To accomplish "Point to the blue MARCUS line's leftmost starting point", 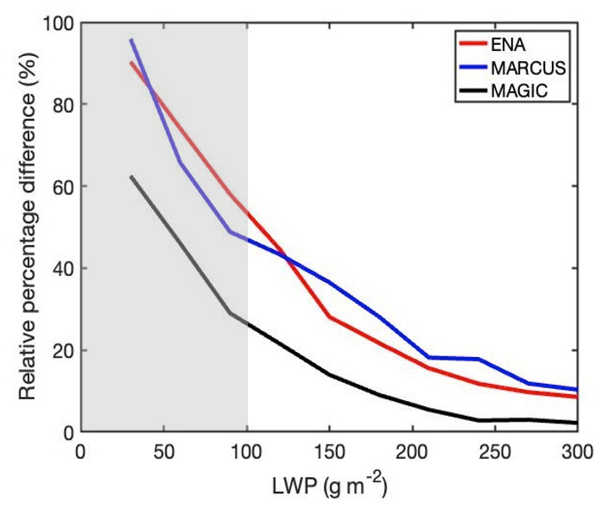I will [131, 40].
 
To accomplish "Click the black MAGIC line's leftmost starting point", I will [131, 177].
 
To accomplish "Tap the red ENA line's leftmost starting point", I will [131, 62].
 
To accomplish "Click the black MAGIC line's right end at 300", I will [576, 423].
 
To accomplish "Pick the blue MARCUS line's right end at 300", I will [576, 389].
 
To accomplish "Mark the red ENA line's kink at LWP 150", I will [329, 317].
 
